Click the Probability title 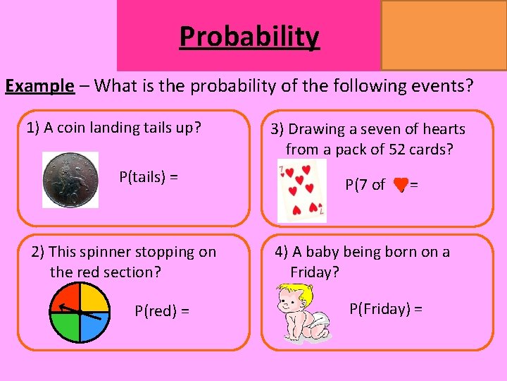pyautogui.click(x=249, y=36)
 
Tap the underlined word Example pyautogui.click(x=39, y=86)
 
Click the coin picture pyautogui.click(x=70, y=180)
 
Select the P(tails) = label pyautogui.click(x=148, y=177)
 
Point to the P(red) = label pyautogui.click(x=162, y=311)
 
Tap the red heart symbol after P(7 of pyautogui.click(x=400, y=185)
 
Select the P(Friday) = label pyautogui.click(x=386, y=308)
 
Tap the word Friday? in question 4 pyautogui.click(x=314, y=272)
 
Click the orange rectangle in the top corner pyautogui.click(x=444, y=35)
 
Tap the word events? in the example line pyautogui.click(x=445, y=86)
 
